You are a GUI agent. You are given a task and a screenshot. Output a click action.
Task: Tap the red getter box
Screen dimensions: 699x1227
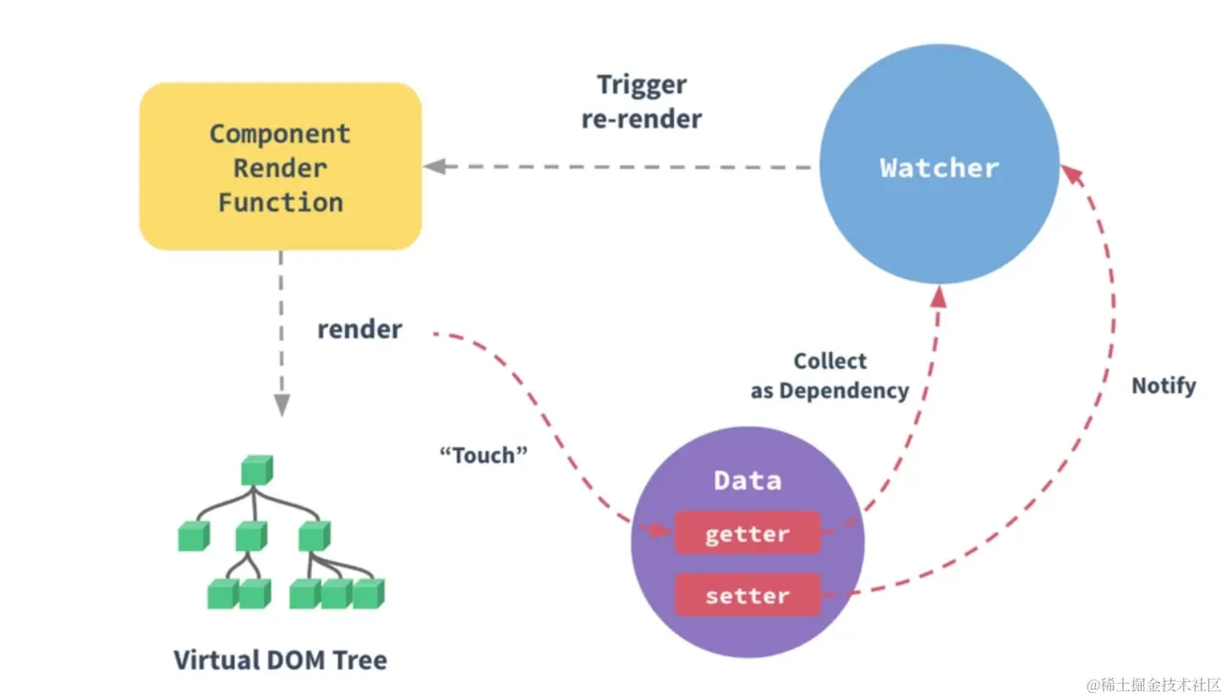coord(747,533)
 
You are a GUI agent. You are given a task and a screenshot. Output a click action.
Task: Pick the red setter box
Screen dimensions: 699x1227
coord(747,595)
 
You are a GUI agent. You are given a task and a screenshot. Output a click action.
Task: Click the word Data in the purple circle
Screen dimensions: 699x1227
coord(748,481)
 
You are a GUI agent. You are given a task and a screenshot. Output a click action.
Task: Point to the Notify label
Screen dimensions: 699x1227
coord(1164,386)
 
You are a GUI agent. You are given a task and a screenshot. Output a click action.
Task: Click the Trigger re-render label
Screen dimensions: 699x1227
coord(642,102)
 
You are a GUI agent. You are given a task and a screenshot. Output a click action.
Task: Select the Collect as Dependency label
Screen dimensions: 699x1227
coord(830,376)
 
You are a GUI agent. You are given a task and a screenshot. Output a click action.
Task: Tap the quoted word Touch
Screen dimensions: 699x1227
coord(484,455)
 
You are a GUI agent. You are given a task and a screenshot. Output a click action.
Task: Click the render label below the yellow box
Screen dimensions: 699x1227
coord(359,329)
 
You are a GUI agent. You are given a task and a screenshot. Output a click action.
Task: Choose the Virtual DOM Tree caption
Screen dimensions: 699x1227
coord(280,660)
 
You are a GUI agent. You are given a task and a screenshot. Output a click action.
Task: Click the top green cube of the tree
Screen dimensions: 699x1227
coord(256,471)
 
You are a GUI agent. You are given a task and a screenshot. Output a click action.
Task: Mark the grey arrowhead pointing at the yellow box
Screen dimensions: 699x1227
coord(435,166)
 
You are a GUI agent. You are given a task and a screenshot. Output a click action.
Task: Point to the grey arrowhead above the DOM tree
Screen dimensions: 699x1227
coord(281,405)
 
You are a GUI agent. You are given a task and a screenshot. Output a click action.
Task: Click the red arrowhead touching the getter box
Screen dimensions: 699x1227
coord(664,530)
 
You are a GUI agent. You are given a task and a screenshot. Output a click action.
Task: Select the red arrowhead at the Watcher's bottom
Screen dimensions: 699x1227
coord(939,295)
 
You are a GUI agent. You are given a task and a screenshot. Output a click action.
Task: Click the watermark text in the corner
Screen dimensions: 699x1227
coord(1154,683)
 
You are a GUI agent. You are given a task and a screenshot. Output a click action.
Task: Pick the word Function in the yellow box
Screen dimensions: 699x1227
coord(280,202)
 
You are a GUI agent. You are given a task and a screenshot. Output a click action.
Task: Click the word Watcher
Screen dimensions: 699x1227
coord(939,168)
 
